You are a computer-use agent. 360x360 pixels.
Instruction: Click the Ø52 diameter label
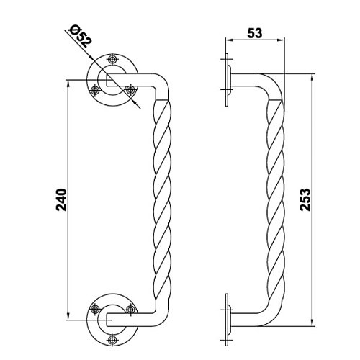tap(80, 36)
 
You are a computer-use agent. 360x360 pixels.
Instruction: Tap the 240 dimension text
tap(61, 200)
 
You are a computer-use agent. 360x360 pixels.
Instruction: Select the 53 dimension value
tap(255, 33)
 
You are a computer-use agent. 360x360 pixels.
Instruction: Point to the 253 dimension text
tap(305, 199)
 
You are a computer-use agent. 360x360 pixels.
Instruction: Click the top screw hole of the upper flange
tap(112, 59)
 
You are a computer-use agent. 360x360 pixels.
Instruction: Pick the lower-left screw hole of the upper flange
tap(95, 90)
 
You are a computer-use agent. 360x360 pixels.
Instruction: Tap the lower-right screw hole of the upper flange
tap(130, 90)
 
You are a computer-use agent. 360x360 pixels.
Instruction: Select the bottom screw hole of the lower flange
tap(112, 340)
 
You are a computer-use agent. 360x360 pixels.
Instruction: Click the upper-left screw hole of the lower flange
tap(95, 309)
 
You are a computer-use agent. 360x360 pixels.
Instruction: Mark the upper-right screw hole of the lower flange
tap(130, 309)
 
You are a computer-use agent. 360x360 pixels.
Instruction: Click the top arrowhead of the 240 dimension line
tap(68, 84)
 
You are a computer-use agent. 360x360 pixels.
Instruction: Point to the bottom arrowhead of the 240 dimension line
tap(68, 316)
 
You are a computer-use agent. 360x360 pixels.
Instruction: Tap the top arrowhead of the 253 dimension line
tap(312, 78)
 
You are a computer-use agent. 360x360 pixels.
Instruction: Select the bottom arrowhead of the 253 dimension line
tap(312, 323)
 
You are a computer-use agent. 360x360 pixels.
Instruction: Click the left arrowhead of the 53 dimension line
tap(229, 40)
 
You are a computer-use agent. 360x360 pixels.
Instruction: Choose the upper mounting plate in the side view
tap(227, 80)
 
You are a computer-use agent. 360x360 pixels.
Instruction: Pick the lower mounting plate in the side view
tap(227, 320)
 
